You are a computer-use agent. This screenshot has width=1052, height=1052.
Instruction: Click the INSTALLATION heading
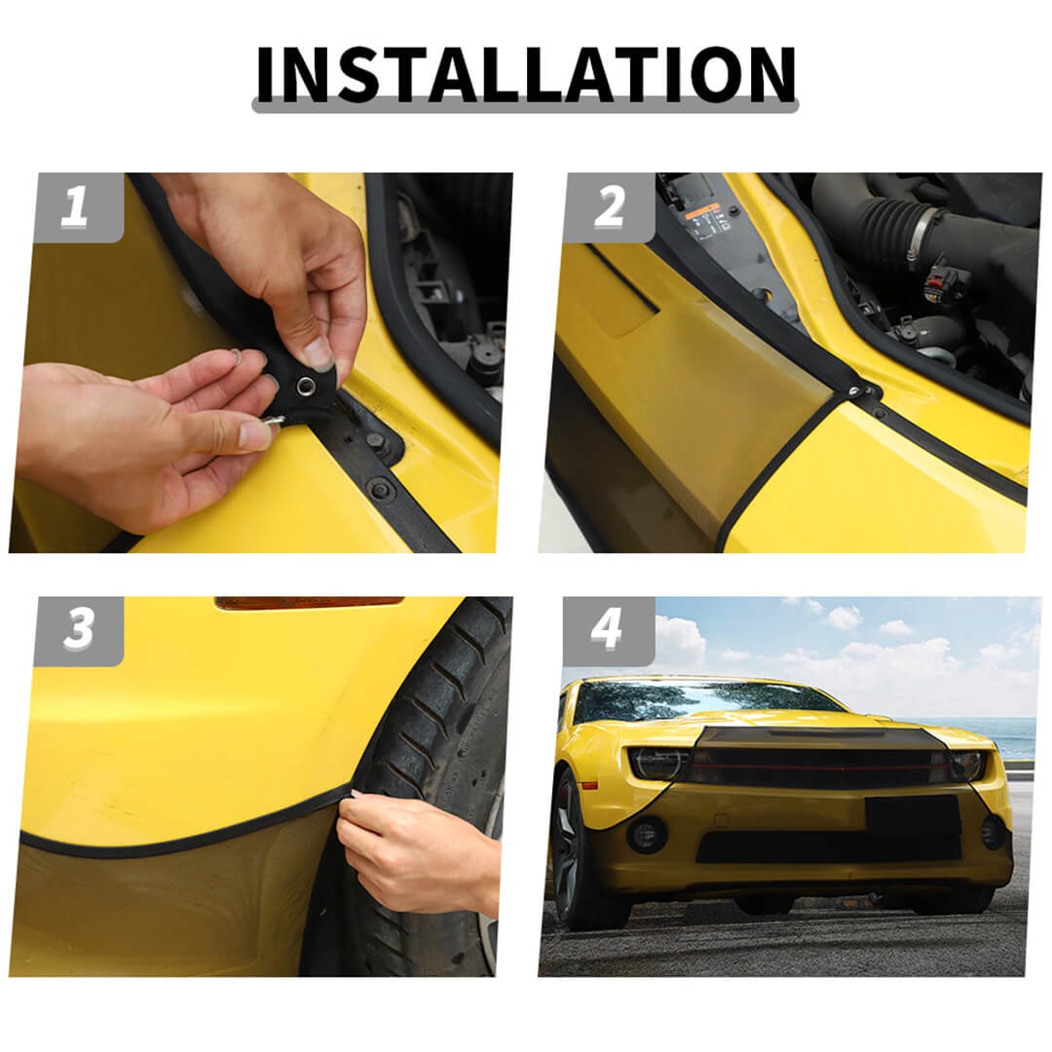point(526,74)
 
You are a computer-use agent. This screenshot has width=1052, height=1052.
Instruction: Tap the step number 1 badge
point(79,207)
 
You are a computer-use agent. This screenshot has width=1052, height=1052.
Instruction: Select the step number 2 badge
point(609,207)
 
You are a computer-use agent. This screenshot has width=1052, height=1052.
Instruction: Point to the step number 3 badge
point(79,630)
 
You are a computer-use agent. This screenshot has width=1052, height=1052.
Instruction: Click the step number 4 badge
point(608,630)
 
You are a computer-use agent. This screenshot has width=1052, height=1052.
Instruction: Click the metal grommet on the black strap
point(307,385)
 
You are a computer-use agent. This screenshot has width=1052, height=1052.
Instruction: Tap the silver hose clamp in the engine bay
point(923,234)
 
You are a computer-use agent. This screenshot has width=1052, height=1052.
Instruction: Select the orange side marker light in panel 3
point(310,603)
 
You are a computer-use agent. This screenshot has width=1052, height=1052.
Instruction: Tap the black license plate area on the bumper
point(913,814)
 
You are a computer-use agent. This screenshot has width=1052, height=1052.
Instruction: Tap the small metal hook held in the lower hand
point(273,421)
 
